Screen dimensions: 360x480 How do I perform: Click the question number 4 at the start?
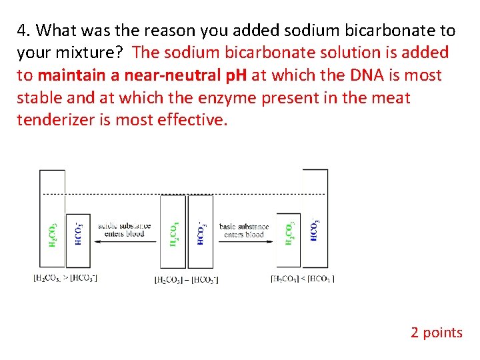pyautogui.click(x=23, y=31)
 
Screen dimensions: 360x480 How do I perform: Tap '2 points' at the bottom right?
pyautogui.click(x=436, y=332)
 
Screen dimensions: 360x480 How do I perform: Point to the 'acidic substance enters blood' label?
pyautogui.click(x=125, y=230)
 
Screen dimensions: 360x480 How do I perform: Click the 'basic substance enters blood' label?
pyautogui.click(x=244, y=230)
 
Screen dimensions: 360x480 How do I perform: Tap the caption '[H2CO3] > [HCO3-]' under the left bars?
pyautogui.click(x=65, y=277)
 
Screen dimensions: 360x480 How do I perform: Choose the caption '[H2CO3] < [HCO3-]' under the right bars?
pyautogui.click(x=303, y=277)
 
